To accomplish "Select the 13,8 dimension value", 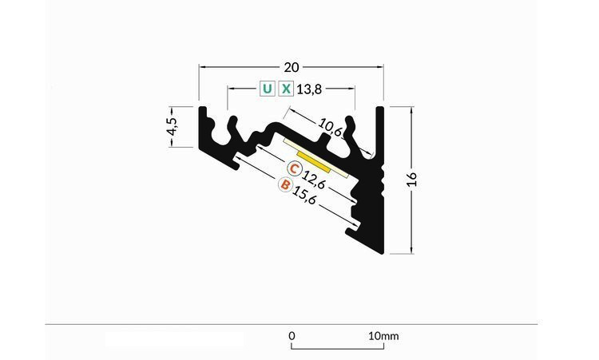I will point(309,89).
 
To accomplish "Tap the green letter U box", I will point(266,89).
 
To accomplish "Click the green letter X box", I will point(286,89).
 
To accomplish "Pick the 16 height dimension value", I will point(412,179).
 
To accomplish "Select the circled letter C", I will point(295,169).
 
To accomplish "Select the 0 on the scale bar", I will point(292,336).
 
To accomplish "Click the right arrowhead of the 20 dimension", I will point(381,66).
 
